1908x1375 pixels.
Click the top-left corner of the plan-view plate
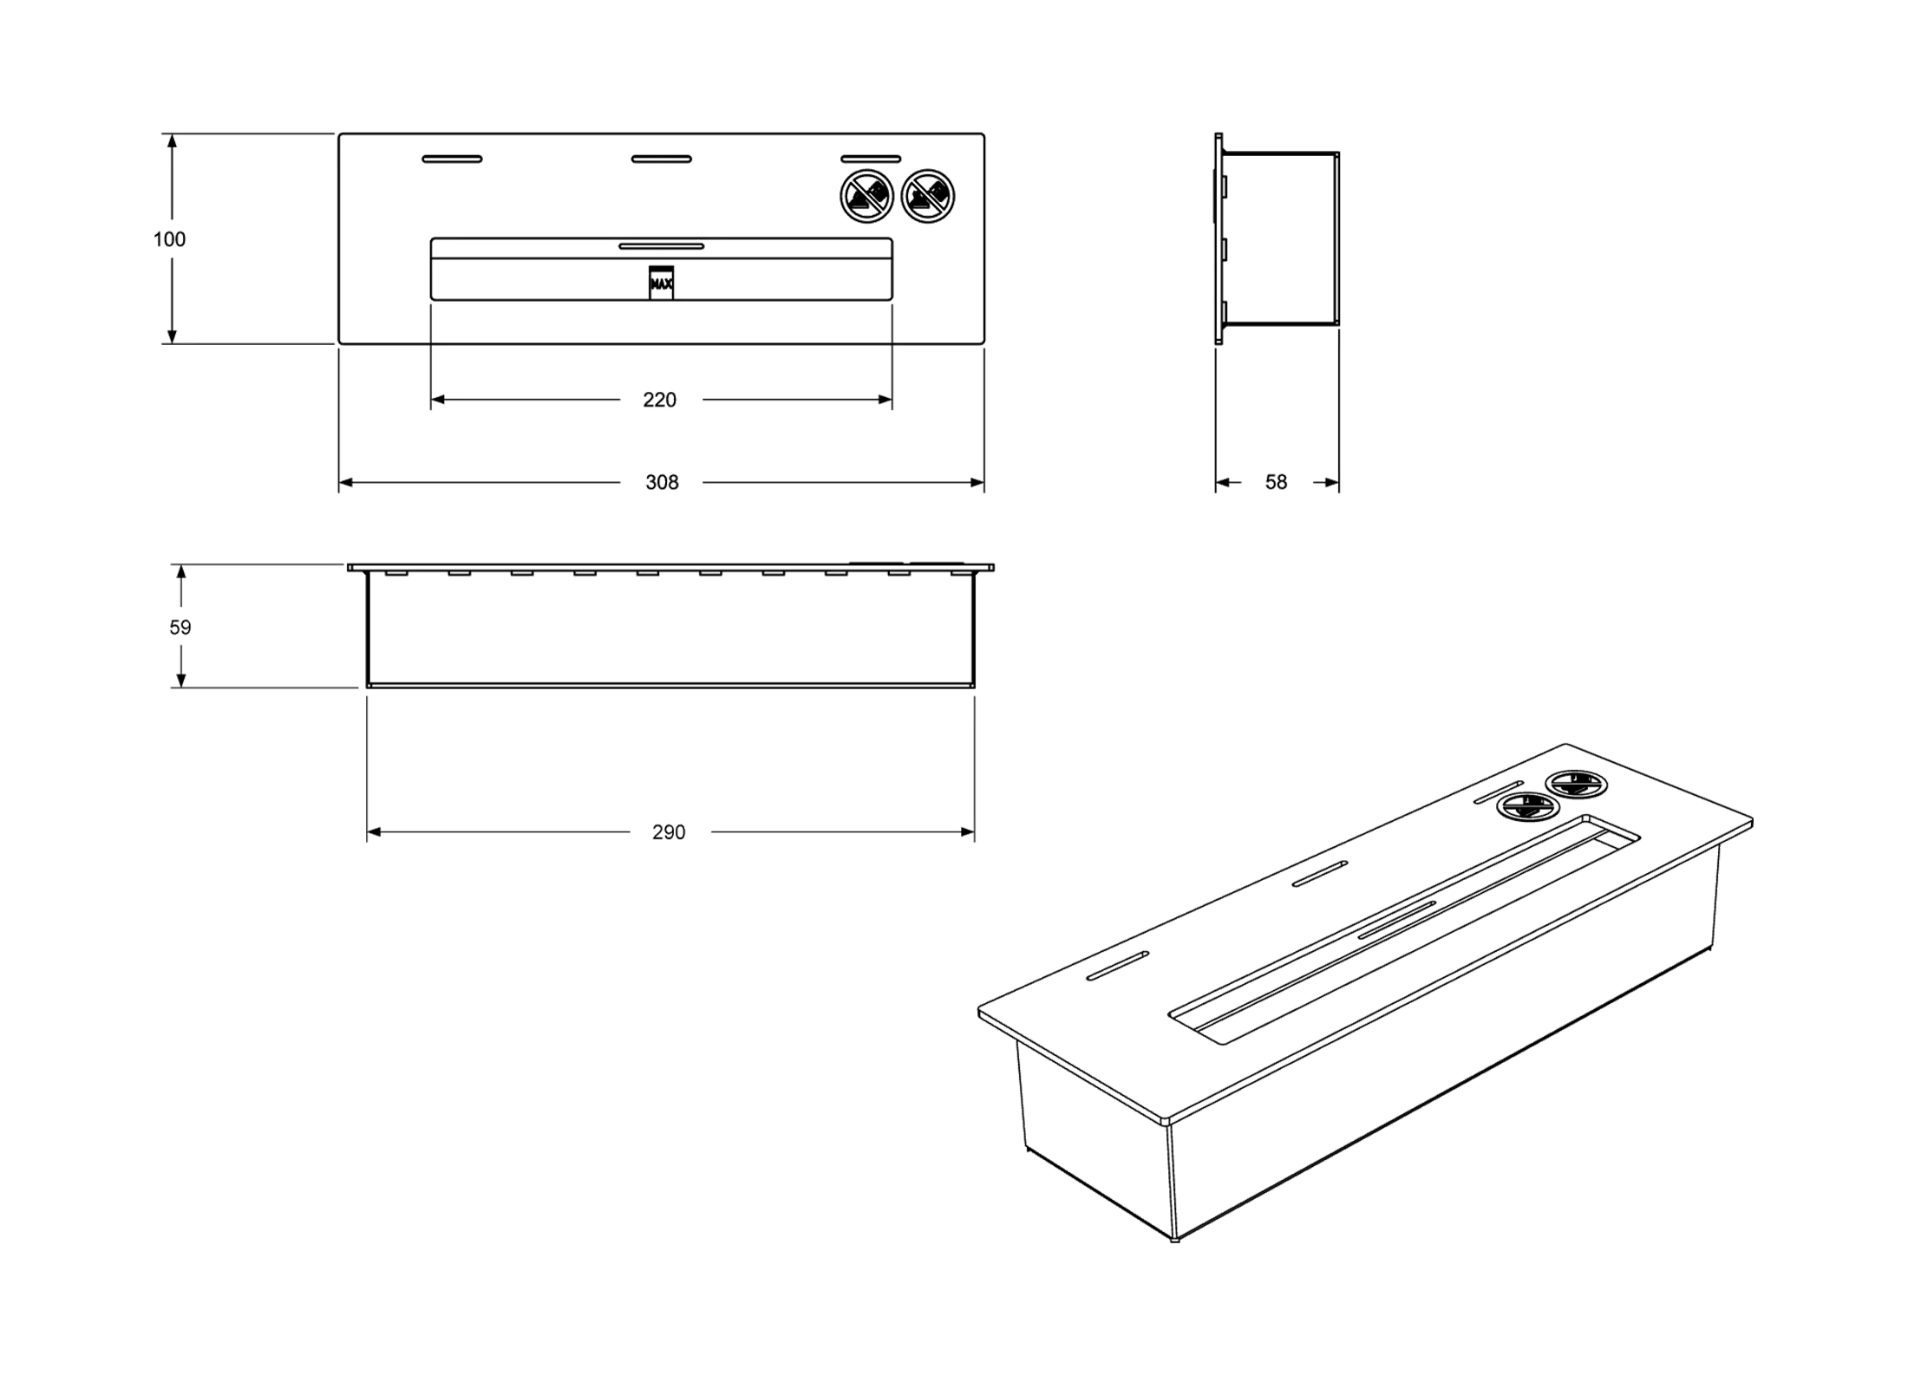click(x=339, y=134)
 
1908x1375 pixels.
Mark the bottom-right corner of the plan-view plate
click(x=984, y=344)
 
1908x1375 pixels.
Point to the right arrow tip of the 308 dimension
click(x=984, y=482)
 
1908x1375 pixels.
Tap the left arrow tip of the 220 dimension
click(x=431, y=400)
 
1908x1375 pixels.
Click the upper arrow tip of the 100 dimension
click(x=172, y=134)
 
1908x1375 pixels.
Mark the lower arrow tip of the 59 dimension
click(x=180, y=687)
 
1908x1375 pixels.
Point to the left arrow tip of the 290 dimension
click(x=367, y=832)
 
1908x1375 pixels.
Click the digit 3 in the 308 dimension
click(x=650, y=483)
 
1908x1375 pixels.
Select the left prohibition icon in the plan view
click(x=867, y=196)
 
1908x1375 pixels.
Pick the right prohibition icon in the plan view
click(x=928, y=196)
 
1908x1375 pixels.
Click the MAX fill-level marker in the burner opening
click(x=661, y=283)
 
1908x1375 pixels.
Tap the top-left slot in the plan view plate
click(x=452, y=159)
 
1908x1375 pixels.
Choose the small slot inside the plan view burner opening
click(x=662, y=246)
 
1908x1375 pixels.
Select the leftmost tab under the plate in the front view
click(x=396, y=573)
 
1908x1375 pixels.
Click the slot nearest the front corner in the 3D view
click(x=1118, y=966)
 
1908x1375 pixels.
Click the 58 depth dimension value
click(x=1276, y=483)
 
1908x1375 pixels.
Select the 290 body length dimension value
click(x=669, y=832)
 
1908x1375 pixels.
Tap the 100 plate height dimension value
click(x=169, y=240)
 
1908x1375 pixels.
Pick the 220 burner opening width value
click(x=660, y=401)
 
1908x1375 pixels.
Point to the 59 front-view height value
click(x=180, y=628)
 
